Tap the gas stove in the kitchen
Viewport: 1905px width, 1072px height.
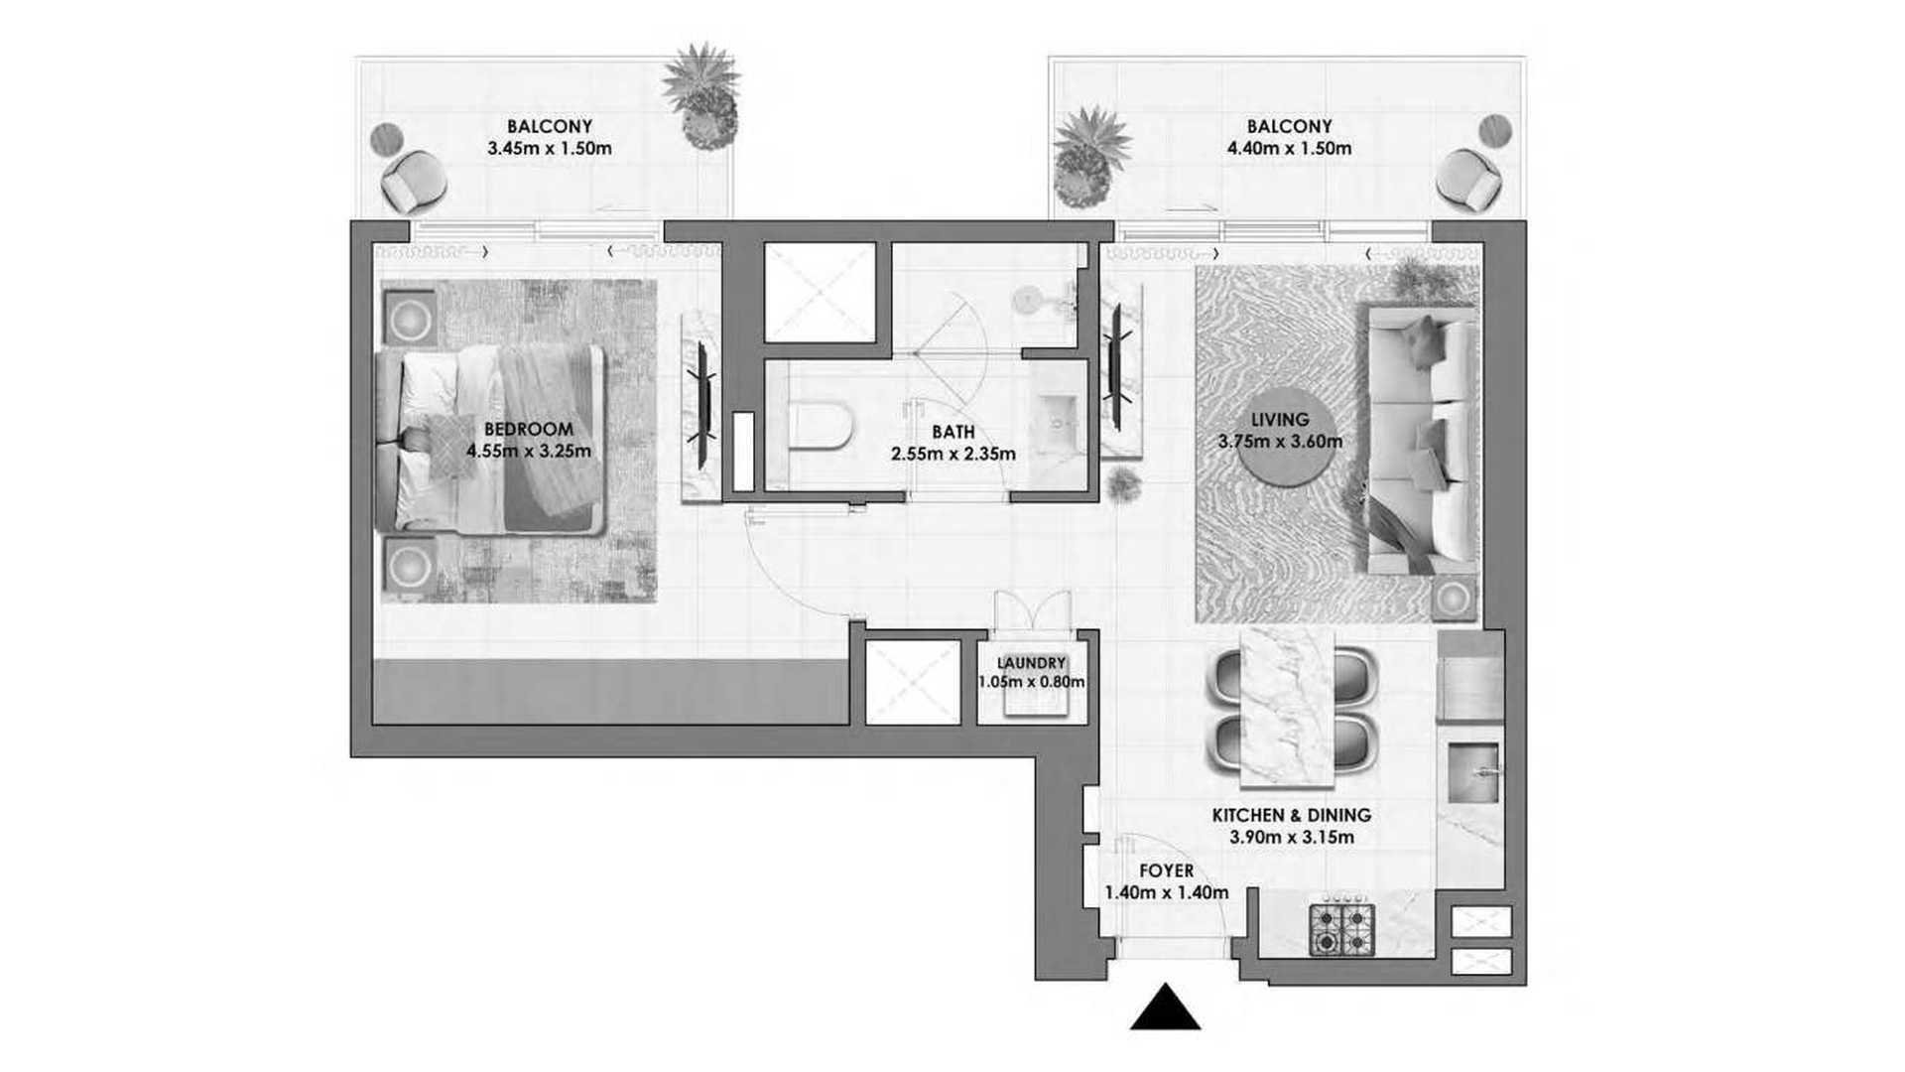point(1342,929)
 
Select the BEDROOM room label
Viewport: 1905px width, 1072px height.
point(529,429)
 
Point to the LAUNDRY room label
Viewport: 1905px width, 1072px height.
point(1031,663)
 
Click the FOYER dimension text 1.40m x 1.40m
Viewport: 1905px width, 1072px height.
point(1167,892)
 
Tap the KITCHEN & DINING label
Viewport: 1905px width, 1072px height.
point(1292,815)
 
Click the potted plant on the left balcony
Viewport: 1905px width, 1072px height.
point(701,95)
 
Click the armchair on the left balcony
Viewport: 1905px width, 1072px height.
point(414,182)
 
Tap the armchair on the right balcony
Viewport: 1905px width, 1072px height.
point(1468,179)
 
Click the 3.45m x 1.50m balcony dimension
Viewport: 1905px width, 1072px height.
point(550,149)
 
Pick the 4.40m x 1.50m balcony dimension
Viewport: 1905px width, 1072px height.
point(1289,149)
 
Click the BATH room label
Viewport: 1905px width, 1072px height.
point(953,432)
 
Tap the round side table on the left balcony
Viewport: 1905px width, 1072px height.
point(386,140)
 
